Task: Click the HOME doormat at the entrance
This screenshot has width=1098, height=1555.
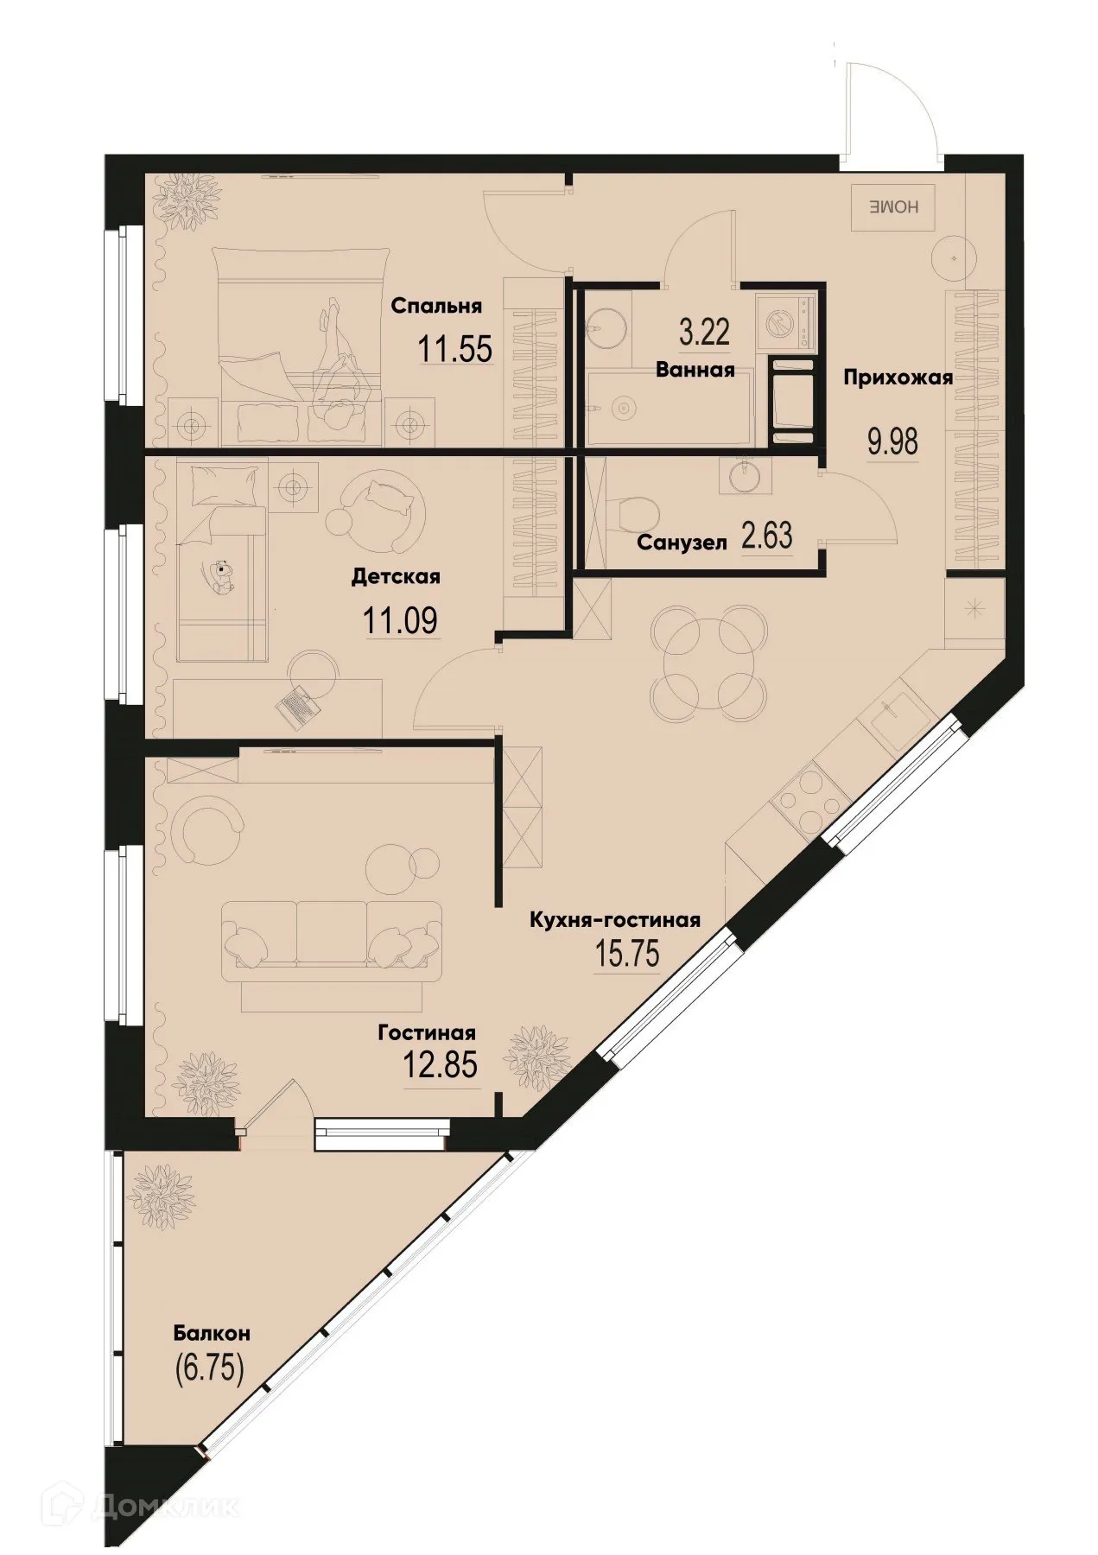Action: (893, 208)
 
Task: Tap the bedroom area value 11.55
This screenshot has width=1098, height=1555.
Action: (455, 349)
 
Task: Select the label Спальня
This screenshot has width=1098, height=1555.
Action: (435, 306)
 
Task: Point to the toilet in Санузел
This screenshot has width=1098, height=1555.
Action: (636, 511)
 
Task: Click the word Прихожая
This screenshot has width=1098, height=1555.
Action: (898, 378)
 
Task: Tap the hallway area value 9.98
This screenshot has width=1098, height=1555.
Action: (892, 441)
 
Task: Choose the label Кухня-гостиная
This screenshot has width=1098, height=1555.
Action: (614, 920)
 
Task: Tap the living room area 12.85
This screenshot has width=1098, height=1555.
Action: (440, 1064)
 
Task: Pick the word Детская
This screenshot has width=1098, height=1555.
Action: (396, 576)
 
